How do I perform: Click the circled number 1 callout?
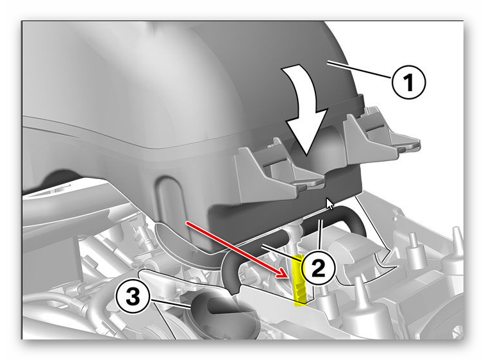(x=408, y=83)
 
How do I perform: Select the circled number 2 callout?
(x=318, y=268)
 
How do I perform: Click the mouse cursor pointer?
(x=330, y=204)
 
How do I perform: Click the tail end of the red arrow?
(x=186, y=222)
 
